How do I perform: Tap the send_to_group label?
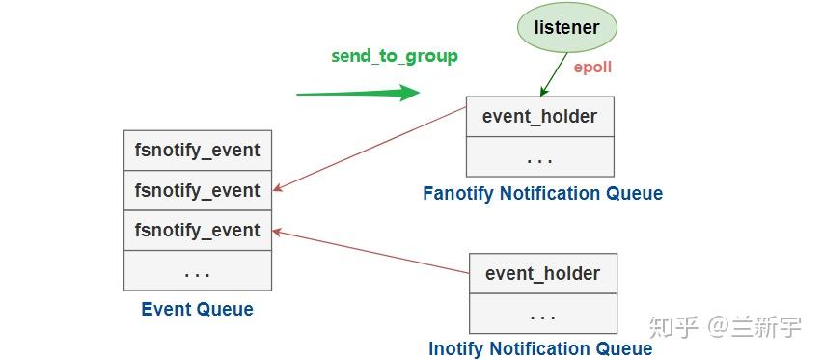pyautogui.click(x=395, y=56)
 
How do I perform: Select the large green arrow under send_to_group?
pyautogui.click(x=358, y=94)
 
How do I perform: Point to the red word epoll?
pyautogui.click(x=593, y=69)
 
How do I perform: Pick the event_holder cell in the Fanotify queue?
pyautogui.click(x=539, y=117)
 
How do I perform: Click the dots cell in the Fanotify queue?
pyautogui.click(x=539, y=156)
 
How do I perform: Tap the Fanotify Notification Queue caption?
pyautogui.click(x=542, y=194)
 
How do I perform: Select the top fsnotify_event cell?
pyautogui.click(x=197, y=151)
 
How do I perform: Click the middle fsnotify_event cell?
pyautogui.click(x=197, y=190)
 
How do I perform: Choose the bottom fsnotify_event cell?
pyautogui.click(x=197, y=231)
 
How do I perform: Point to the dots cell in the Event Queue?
pyautogui.click(x=197, y=271)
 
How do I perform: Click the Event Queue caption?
pyautogui.click(x=197, y=310)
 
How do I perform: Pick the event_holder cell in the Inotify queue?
pyautogui.click(x=542, y=273)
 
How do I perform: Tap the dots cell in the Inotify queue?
pyautogui.click(x=542, y=314)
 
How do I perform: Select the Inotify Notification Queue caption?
pyautogui.click(x=540, y=348)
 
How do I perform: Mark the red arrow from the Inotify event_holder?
pyautogui.click(x=370, y=254)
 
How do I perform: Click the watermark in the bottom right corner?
pyautogui.click(x=726, y=327)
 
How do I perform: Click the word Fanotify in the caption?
pyautogui.click(x=458, y=194)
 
